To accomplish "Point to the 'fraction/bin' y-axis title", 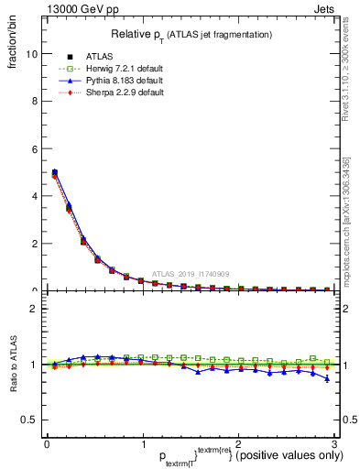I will (x=12, y=47).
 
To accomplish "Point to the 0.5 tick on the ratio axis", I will (x=28, y=420).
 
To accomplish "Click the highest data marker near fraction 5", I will (x=54, y=172).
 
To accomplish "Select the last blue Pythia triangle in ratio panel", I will (x=327, y=378).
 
